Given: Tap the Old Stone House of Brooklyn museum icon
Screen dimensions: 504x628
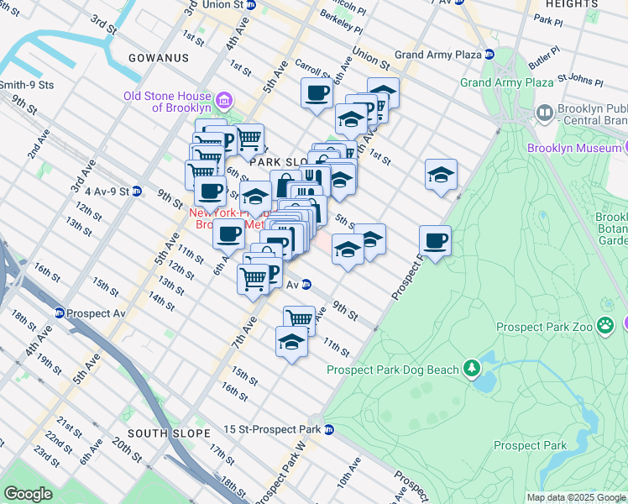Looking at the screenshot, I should click(223, 102).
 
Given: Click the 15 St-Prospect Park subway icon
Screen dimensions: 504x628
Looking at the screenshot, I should click(330, 429).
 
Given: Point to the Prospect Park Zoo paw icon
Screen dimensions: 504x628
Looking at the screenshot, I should click(605, 327).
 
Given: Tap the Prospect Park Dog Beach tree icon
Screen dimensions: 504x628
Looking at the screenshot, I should click(473, 367).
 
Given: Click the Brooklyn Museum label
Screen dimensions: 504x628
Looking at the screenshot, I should click(574, 148).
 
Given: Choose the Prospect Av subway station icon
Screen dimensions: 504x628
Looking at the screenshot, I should click(60, 313).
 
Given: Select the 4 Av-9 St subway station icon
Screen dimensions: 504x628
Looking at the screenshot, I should click(136, 191).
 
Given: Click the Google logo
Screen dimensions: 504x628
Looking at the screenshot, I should click(29, 494).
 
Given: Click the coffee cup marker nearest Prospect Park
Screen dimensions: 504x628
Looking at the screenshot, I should click(435, 242).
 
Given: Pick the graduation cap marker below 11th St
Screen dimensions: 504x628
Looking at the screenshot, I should click(291, 343).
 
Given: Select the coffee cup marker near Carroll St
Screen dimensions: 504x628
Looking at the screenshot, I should click(317, 93).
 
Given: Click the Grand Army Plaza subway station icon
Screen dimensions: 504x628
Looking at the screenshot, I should click(489, 55).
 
